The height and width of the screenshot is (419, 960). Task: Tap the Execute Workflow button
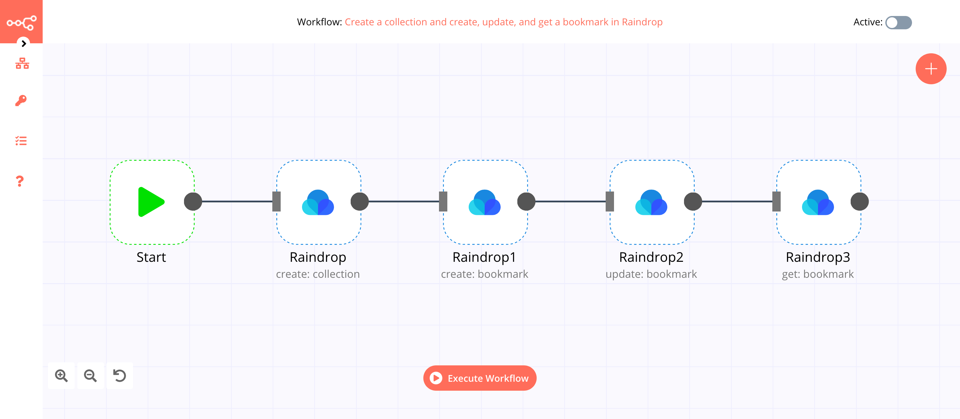point(480,378)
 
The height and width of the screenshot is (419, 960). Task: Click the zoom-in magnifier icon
point(61,375)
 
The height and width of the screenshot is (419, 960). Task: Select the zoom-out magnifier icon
point(90,375)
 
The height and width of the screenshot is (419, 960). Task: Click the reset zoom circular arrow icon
point(120,375)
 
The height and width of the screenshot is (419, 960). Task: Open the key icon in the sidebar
point(21,101)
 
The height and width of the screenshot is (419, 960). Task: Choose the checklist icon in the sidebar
point(21,141)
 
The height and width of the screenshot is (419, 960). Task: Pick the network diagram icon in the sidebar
point(22,63)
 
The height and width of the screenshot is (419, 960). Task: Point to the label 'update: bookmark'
point(651,274)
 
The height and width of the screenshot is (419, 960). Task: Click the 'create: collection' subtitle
point(318,274)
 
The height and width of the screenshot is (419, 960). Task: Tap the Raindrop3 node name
point(818,257)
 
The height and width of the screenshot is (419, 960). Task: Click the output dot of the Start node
point(193,202)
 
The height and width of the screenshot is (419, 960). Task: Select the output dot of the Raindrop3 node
point(859,202)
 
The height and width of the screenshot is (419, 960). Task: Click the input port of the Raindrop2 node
point(610,202)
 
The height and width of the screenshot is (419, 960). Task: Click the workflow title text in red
point(503,22)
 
